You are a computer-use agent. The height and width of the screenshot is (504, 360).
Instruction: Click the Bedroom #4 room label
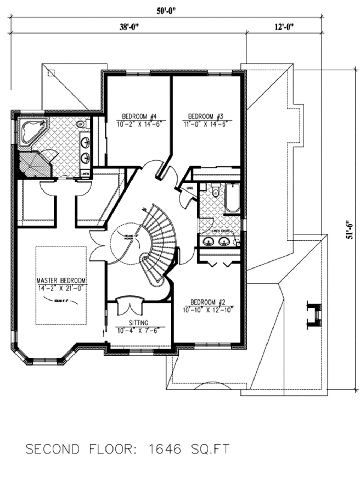[139, 116]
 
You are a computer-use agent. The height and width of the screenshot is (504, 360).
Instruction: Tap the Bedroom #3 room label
[206, 116]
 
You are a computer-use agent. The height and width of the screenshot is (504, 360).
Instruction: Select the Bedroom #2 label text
[208, 302]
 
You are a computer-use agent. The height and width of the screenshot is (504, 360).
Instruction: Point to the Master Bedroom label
[61, 281]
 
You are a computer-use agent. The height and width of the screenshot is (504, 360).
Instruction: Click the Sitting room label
[139, 323]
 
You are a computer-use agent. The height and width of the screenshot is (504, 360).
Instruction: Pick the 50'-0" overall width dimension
[166, 11]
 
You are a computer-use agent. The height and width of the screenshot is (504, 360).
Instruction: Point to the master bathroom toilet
[81, 124]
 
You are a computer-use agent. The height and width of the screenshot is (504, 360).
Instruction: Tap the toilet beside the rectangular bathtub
[216, 192]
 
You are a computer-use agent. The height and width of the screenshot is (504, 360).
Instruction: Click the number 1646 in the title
[165, 449]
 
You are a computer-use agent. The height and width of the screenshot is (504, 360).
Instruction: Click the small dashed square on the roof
[51, 73]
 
